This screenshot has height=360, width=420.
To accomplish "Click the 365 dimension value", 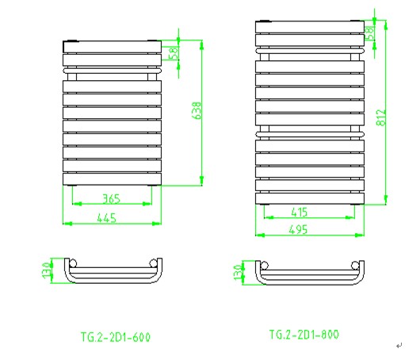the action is click(112, 198).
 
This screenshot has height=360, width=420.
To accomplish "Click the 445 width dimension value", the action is click(107, 218).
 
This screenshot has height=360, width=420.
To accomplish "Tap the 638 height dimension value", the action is click(197, 110).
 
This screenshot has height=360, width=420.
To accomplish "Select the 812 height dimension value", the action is click(381, 117).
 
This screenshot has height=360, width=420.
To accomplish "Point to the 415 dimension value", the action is click(300, 213).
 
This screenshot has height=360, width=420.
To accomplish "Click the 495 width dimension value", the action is click(298, 229).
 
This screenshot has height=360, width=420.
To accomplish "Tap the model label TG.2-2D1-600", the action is click(116, 337).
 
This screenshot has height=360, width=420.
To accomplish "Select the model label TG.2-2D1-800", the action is click(304, 335).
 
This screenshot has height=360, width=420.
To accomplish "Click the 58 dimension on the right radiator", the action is click(369, 33).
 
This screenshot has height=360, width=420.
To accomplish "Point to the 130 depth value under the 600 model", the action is click(46, 270).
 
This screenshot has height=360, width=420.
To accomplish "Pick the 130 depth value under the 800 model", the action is click(238, 272).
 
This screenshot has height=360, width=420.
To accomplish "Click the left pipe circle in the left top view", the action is click(73, 263).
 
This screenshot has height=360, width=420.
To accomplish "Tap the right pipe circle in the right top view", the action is click(355, 266).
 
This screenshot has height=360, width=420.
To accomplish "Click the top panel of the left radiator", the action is click(113, 47).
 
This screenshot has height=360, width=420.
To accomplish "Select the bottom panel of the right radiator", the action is click(310, 198).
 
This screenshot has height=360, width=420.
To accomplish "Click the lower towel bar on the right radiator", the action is click(310, 134).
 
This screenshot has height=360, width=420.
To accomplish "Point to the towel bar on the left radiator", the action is click(113, 71).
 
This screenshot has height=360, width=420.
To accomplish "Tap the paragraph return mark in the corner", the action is click(399, 346).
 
